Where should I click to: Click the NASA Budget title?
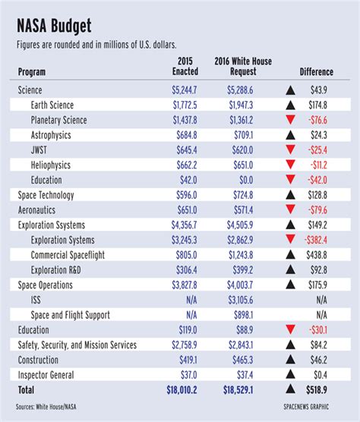[x=54, y=26]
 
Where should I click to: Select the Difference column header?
[x=317, y=72]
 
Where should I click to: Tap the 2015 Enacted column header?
[x=185, y=66]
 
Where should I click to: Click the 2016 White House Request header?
[x=243, y=66]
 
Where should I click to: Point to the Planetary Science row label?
[x=58, y=120]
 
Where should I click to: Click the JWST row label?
[x=39, y=150]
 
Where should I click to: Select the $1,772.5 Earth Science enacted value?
[x=185, y=105]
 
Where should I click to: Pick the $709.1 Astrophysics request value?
[x=243, y=135]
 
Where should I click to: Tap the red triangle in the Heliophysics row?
[x=290, y=164]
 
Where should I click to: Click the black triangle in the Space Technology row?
[x=290, y=194]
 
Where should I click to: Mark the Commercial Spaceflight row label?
[x=68, y=255]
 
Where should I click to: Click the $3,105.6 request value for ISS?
[x=241, y=300]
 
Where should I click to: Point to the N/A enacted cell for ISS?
[x=191, y=300]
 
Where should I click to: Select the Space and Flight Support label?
[x=71, y=315]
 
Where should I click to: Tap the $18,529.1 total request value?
[x=238, y=390]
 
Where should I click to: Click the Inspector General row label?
[x=46, y=375]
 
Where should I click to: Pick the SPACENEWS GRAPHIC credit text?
[x=306, y=407]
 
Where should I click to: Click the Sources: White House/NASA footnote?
[x=46, y=407]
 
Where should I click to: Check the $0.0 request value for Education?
[x=246, y=180]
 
